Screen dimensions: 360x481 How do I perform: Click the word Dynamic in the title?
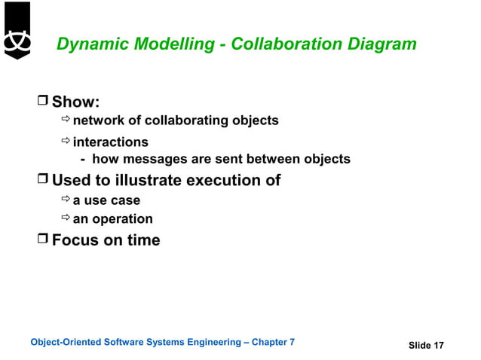[89, 44]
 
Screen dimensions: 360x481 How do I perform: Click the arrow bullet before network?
[65, 121]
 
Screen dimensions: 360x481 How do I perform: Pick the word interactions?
[111, 142]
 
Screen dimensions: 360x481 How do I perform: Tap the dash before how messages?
[83, 159]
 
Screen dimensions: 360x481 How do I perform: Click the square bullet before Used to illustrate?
[43, 180]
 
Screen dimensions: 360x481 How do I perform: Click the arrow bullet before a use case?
[65, 200]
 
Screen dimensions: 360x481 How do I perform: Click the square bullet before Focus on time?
[43, 240]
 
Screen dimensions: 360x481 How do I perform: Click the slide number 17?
[437, 346]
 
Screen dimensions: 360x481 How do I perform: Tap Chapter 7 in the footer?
[272, 343]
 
